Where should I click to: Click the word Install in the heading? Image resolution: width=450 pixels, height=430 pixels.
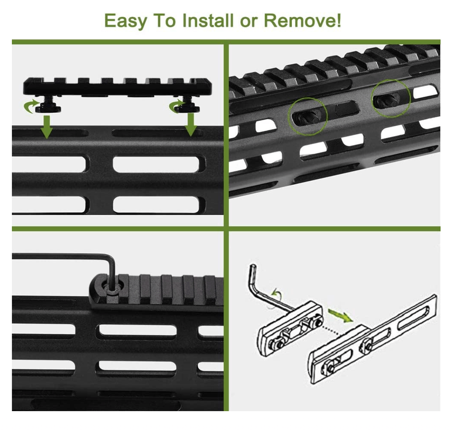click(208, 20)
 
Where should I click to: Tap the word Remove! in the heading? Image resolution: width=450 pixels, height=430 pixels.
click(302, 20)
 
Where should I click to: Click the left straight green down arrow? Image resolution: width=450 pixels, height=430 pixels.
click(47, 126)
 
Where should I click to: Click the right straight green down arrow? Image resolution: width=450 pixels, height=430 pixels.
click(191, 124)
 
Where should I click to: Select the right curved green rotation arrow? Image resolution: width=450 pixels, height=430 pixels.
click(175, 106)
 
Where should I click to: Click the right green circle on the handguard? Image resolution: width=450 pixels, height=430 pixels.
click(391, 99)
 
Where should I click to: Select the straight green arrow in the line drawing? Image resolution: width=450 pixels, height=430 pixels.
click(340, 316)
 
